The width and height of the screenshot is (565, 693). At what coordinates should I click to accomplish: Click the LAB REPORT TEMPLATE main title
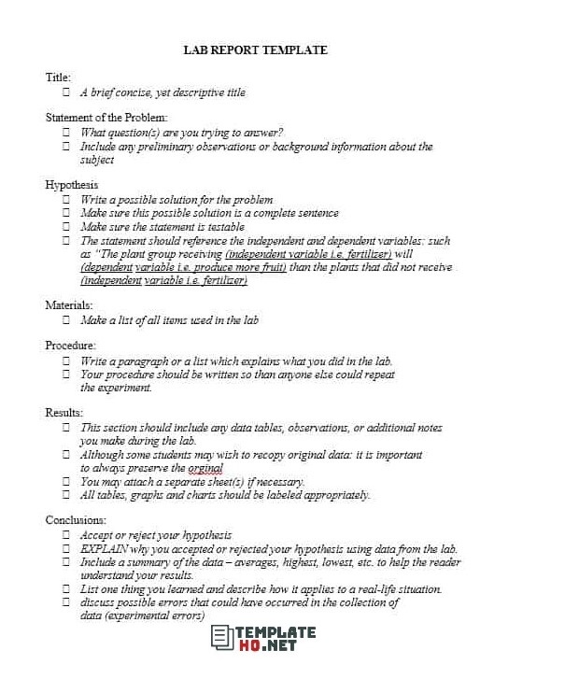255,50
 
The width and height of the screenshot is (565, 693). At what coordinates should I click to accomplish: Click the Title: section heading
58,78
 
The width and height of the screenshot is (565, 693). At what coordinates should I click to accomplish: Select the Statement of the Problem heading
106,118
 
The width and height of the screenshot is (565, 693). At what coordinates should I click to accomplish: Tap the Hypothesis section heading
72,185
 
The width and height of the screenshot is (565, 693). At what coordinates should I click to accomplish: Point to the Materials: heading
69,304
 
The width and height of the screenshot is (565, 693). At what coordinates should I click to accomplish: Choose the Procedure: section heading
71,346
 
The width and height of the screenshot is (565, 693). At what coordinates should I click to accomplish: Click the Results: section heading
64,412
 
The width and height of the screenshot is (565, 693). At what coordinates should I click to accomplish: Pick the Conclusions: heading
76,519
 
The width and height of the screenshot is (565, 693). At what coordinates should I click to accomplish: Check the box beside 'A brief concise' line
66,92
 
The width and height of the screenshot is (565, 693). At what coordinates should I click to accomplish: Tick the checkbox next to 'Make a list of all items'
66,320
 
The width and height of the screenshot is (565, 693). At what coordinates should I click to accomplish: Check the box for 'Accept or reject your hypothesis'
66,535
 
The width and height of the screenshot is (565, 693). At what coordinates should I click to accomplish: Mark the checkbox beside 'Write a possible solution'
66,200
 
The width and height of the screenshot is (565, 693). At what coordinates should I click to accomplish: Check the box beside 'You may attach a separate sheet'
66,482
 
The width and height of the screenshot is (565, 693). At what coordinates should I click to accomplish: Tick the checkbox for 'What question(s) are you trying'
66,133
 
